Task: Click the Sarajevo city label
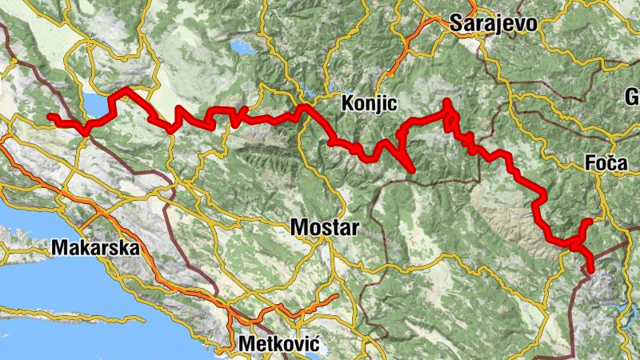[493, 23]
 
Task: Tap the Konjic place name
[369, 103]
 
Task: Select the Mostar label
[325, 226]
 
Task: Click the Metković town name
[279, 345]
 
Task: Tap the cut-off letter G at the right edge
[633, 98]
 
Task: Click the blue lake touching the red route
[95, 105]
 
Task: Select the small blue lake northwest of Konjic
[238, 47]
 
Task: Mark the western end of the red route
[50, 117]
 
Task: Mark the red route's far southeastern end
[591, 270]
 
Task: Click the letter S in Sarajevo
[458, 23]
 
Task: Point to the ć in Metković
[314, 345]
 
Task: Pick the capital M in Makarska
[58, 247]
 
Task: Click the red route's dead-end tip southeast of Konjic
[412, 170]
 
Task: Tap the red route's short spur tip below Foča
[590, 222]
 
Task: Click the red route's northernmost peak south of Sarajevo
[447, 101]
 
